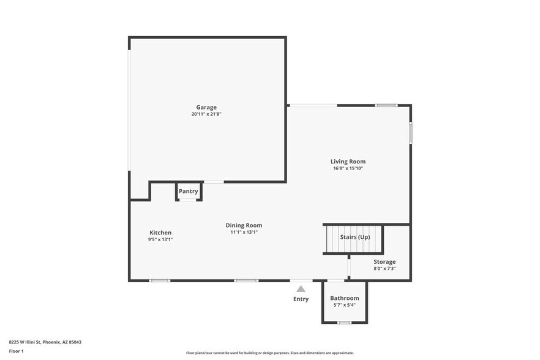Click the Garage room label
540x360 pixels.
[x=206, y=107]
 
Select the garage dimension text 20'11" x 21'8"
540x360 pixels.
[x=206, y=114]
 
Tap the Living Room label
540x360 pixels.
[x=348, y=162]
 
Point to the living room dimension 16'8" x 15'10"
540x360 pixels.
[x=348, y=168]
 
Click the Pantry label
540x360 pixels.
[x=189, y=191]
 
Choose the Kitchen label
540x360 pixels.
[x=160, y=233]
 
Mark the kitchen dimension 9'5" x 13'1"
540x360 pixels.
[x=160, y=239]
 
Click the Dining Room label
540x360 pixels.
[x=244, y=225]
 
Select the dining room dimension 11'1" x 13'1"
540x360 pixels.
[x=244, y=232]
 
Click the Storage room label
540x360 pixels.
[x=384, y=262]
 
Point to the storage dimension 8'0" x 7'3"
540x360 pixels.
[x=384, y=269]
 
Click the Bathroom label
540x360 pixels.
[x=345, y=298]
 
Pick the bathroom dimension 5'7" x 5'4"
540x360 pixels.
[x=345, y=305]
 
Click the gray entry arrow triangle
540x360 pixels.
[x=301, y=288]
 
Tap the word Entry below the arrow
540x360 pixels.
[x=301, y=299]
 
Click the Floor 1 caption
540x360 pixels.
[x=16, y=351]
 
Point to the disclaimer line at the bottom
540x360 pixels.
[x=269, y=353]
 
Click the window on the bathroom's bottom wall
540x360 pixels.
[x=345, y=322]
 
